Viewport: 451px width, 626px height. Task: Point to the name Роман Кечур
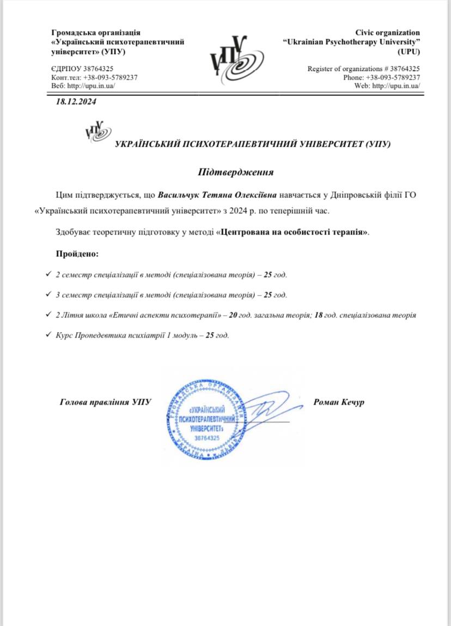coord(339,402)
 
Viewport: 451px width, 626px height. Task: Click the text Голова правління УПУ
coord(105,402)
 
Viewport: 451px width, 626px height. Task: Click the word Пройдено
coord(77,254)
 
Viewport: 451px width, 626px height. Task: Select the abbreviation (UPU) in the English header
coord(409,51)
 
